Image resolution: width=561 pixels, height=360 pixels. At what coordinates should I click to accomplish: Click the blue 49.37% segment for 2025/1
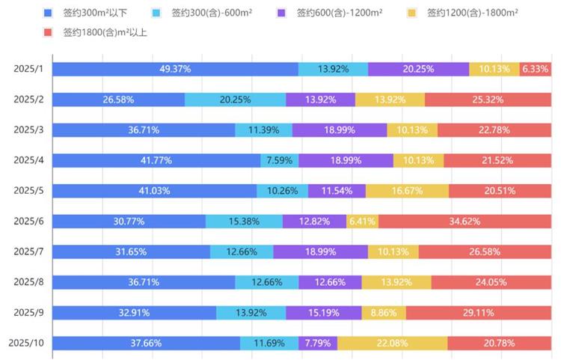coord(175,69)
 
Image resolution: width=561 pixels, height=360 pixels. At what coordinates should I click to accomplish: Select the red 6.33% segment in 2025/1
coord(536,69)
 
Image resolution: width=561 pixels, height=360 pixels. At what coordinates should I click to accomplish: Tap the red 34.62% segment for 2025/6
coord(465,222)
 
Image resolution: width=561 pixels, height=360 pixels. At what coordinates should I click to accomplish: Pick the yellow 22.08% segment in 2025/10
coord(392,344)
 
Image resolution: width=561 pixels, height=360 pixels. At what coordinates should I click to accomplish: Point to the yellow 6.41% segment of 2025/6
coord(362,222)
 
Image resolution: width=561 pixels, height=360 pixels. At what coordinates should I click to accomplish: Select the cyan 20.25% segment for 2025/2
coord(235,100)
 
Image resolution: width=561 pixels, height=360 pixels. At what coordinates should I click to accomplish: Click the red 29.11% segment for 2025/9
coord(479,313)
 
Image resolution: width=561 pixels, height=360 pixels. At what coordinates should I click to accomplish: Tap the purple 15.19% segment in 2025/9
coord(324,313)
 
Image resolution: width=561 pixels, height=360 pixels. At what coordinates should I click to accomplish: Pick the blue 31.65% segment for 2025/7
coord(131,252)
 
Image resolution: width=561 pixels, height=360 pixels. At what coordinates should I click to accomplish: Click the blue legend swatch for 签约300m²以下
coord(48,13)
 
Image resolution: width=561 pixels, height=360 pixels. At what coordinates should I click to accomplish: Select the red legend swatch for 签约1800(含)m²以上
coord(48,32)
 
